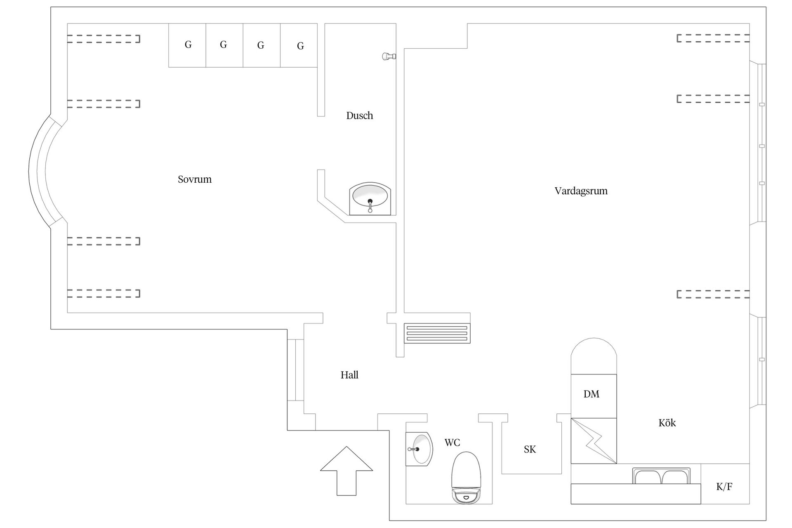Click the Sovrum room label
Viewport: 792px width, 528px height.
[x=195, y=179]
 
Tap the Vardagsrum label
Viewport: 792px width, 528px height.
[x=581, y=191]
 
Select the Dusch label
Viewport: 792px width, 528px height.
[x=360, y=115]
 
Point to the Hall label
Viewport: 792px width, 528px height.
[x=349, y=375]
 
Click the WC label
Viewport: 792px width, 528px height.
[x=452, y=443]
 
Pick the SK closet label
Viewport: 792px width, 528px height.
[x=530, y=449]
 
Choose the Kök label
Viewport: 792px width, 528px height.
[x=667, y=423]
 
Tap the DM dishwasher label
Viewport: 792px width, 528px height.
[x=591, y=394]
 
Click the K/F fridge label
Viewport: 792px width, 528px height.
[x=724, y=487]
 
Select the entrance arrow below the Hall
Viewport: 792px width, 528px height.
[x=346, y=471]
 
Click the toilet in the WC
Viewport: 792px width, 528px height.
[x=467, y=478]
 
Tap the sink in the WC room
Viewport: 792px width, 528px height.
[x=419, y=449]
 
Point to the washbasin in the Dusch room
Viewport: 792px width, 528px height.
[x=370, y=198]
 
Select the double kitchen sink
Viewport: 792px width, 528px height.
[x=661, y=476]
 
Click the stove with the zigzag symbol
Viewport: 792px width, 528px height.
[x=594, y=441]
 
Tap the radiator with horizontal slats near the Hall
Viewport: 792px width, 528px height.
[x=437, y=333]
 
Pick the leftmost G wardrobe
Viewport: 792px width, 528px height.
[x=187, y=45]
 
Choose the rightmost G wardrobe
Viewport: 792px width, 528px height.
[x=299, y=45]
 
